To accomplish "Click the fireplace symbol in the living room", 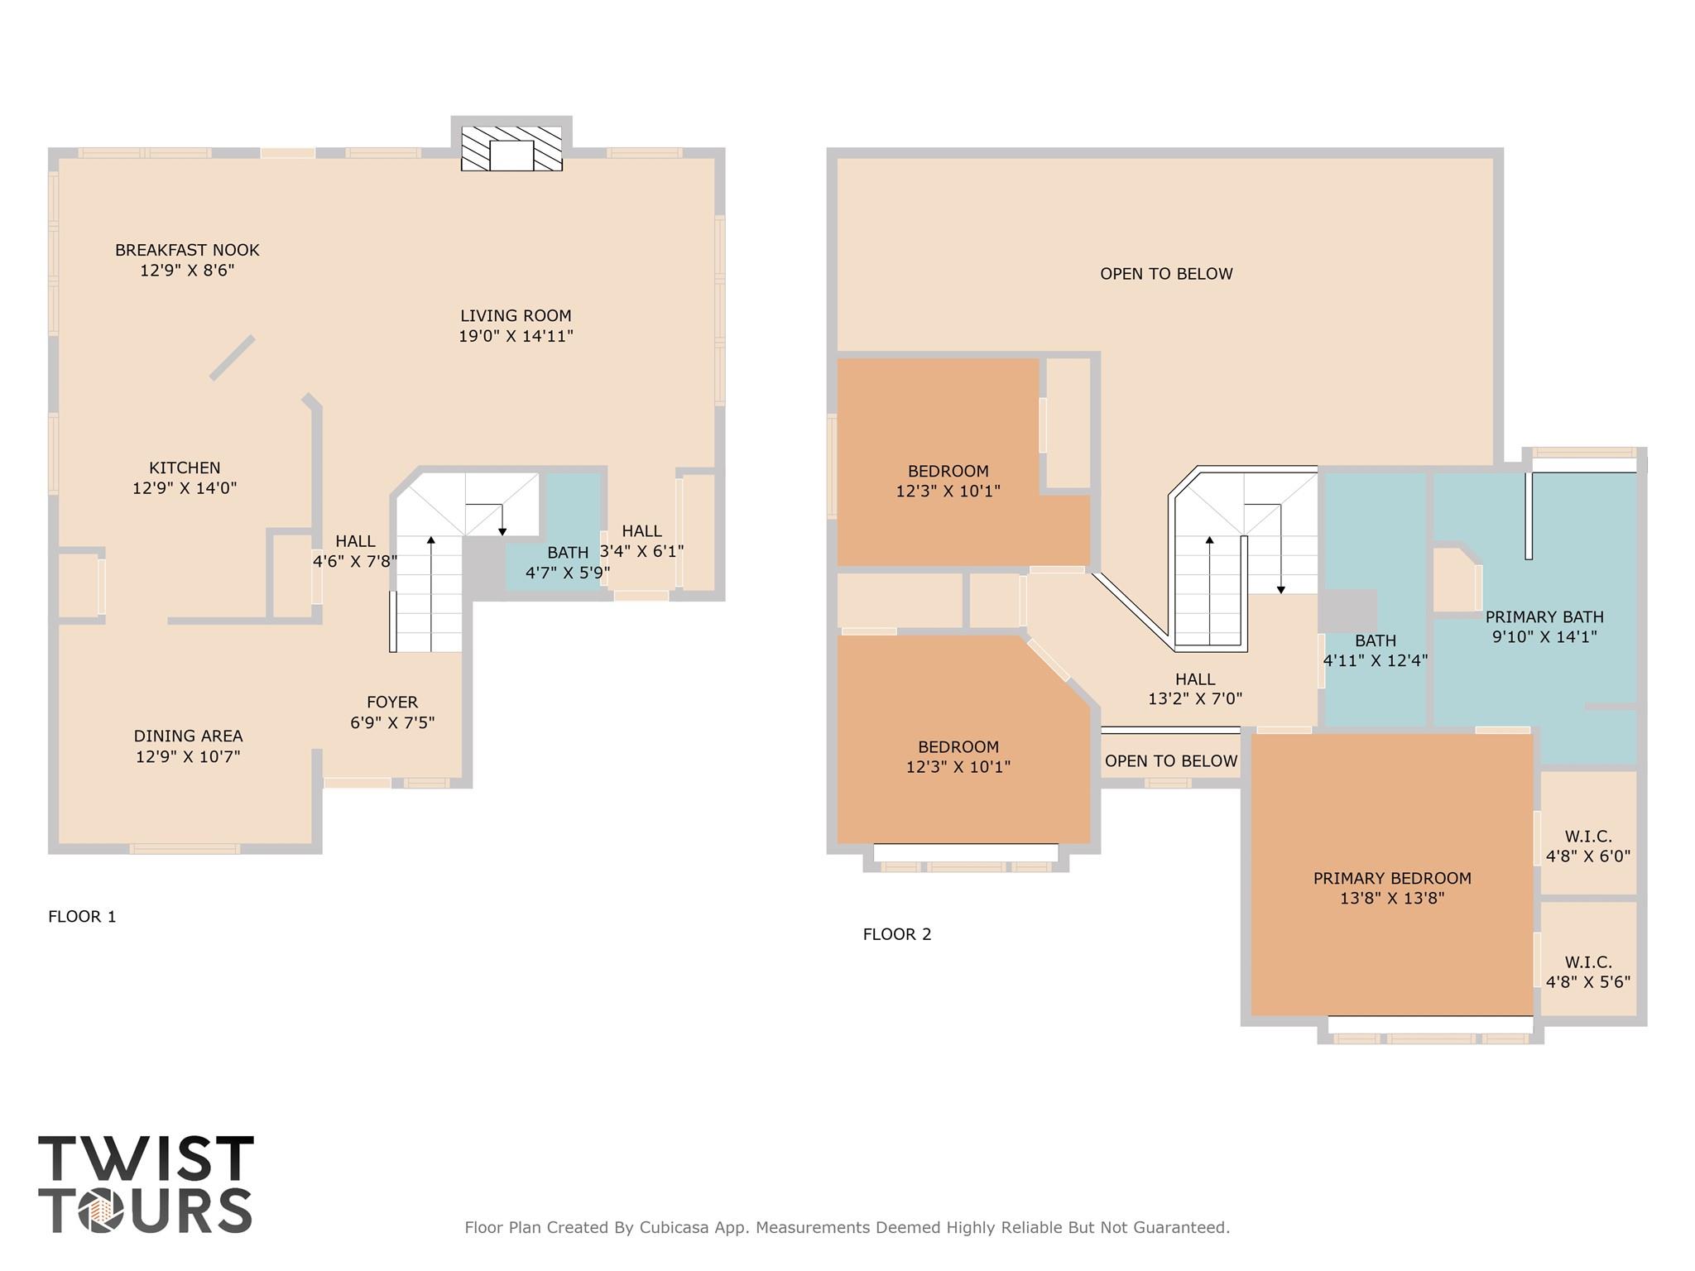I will click(x=511, y=150).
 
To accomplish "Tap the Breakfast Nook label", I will click(x=187, y=250).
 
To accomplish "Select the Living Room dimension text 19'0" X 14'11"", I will click(x=516, y=336).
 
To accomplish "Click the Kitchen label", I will click(x=185, y=468).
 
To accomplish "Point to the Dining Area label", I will click(x=188, y=736).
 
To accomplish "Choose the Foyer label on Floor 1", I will click(x=392, y=702).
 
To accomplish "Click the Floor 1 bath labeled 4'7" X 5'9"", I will click(x=568, y=563).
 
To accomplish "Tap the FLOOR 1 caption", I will click(x=82, y=916).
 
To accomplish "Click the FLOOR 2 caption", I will click(x=897, y=934).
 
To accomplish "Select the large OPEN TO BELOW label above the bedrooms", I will click(x=1166, y=274).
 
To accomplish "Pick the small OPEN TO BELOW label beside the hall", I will click(x=1170, y=761).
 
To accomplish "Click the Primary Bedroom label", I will click(x=1392, y=878).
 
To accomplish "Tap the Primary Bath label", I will click(x=1544, y=616).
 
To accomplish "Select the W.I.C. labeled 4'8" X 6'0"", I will click(x=1587, y=847).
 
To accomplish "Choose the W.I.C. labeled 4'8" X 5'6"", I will click(x=1587, y=972).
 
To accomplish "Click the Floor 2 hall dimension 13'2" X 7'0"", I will click(x=1194, y=698).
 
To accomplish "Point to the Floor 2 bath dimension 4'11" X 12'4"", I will click(x=1375, y=661).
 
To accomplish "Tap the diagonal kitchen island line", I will click(x=232, y=358).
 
